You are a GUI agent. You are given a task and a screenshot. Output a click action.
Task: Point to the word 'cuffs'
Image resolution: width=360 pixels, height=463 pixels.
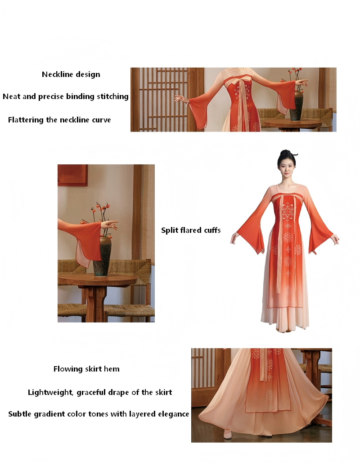(212, 230)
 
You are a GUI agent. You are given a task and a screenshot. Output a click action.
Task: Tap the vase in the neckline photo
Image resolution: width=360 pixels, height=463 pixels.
(297, 106)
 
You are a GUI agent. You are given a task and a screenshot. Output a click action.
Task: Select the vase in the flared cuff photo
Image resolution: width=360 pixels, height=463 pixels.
(102, 256)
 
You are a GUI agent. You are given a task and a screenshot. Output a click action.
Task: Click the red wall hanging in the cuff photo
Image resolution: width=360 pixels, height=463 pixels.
(72, 175)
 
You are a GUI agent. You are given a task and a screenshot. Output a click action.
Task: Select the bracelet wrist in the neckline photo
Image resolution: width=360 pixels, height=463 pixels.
(186, 102)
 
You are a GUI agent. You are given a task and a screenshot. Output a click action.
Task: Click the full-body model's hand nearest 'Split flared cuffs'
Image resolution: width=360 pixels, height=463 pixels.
(234, 238)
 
